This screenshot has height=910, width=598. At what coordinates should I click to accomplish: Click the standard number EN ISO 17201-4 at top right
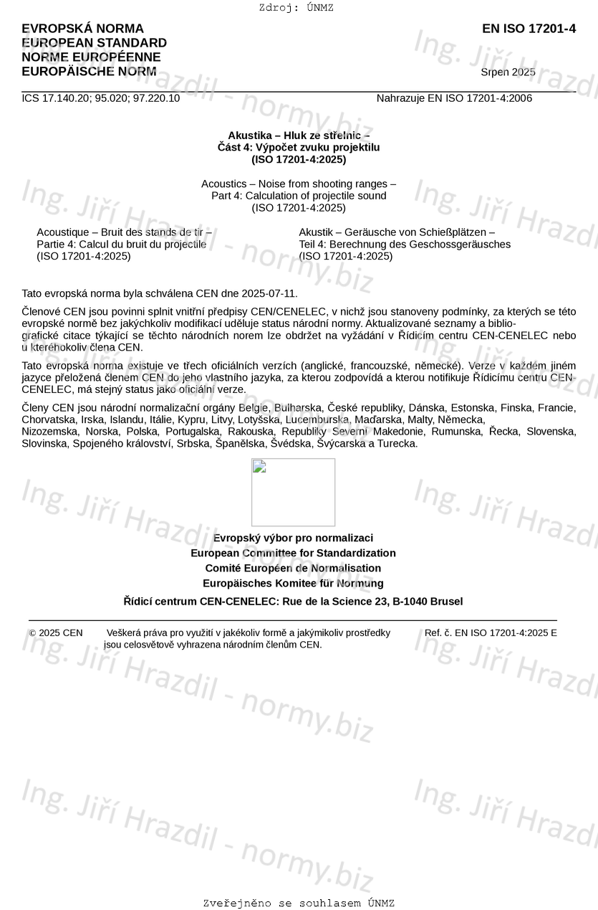coord(529,29)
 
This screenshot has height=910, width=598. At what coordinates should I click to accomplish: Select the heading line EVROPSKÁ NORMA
coord(82,29)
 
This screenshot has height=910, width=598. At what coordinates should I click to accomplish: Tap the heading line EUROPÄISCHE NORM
coord(89,72)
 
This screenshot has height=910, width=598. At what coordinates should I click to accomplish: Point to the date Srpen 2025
coord(508,72)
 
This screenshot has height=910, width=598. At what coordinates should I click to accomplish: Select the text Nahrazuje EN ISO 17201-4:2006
coord(454,98)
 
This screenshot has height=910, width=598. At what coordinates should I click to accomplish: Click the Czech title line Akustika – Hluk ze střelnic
coord(299,135)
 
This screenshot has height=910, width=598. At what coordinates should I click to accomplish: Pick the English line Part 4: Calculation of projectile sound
coord(299,196)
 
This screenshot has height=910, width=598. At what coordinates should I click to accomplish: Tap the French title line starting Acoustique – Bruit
coord(124,232)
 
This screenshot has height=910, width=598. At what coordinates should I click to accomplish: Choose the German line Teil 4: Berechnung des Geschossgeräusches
coord(405,244)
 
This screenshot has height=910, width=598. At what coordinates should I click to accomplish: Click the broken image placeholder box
coord(293,492)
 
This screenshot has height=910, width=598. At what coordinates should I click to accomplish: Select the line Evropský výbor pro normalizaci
coord(293,538)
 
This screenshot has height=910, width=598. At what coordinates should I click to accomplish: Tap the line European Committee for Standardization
coord(293,553)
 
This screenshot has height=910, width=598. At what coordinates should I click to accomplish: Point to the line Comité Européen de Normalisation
coord(293,568)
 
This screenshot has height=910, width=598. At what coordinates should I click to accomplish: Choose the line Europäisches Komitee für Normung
coord(293,583)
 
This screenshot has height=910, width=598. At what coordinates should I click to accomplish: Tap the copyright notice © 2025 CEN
coord(56,632)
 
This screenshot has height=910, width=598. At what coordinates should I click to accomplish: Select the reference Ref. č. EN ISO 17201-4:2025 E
coord(491,632)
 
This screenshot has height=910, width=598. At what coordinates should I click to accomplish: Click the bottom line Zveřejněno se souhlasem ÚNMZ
coord(299,903)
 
